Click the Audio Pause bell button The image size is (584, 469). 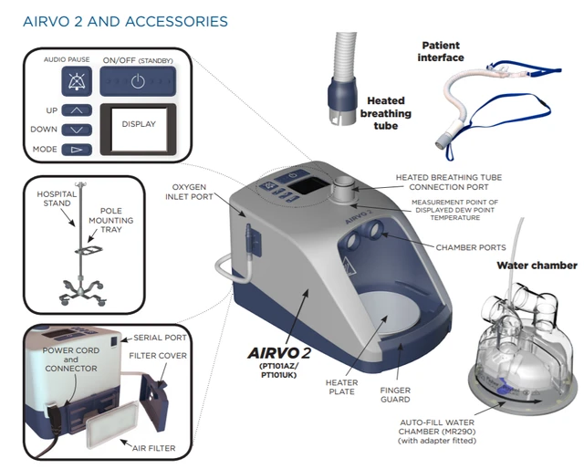tap(76, 81)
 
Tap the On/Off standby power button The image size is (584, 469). tap(136, 81)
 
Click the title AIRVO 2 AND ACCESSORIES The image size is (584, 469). tap(126, 19)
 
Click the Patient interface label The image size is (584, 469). tap(442, 51)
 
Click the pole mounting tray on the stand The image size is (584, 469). tap(91, 247)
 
